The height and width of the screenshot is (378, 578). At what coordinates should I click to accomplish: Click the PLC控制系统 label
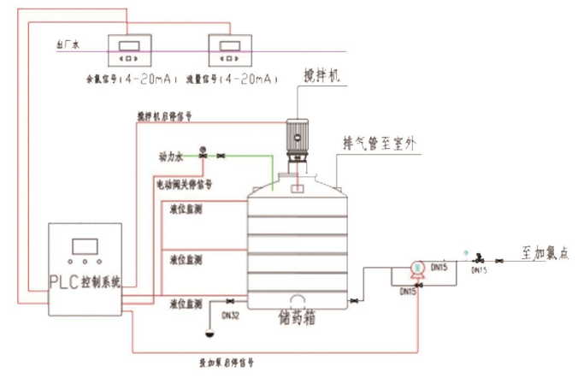pos(85,280)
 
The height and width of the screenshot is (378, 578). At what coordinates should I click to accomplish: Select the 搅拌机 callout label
pos(322,77)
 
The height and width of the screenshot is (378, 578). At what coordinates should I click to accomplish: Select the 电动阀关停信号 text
pos(183,183)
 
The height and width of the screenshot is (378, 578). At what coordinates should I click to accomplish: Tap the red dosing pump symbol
pos(417,269)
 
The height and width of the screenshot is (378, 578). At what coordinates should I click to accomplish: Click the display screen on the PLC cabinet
pos(85,245)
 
